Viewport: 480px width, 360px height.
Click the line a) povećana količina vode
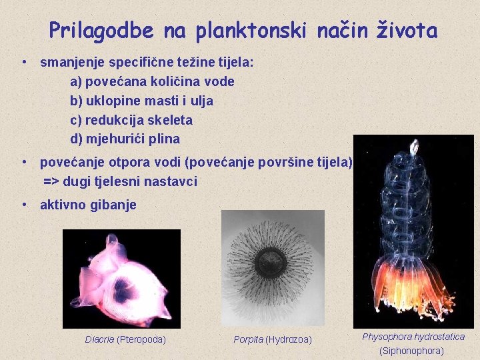[152, 81]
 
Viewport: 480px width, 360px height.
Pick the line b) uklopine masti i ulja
[141, 101]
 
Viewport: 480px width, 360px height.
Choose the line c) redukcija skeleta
[131, 120]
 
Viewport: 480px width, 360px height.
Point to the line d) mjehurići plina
[125, 139]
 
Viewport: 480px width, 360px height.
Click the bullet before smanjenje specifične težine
[23, 63]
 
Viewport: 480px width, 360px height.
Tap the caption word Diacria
[99, 339]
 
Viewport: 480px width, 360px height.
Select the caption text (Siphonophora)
[411, 351]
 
